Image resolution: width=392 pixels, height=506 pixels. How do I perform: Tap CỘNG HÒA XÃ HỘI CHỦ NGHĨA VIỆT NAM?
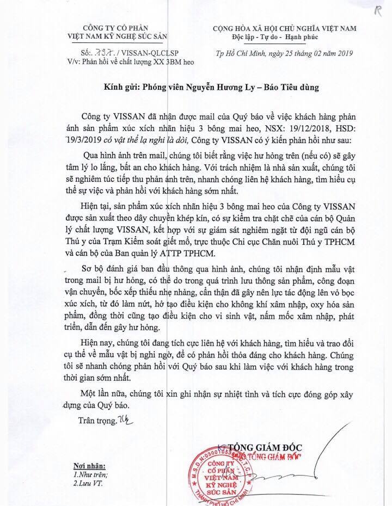pyautogui.click(x=276, y=28)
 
